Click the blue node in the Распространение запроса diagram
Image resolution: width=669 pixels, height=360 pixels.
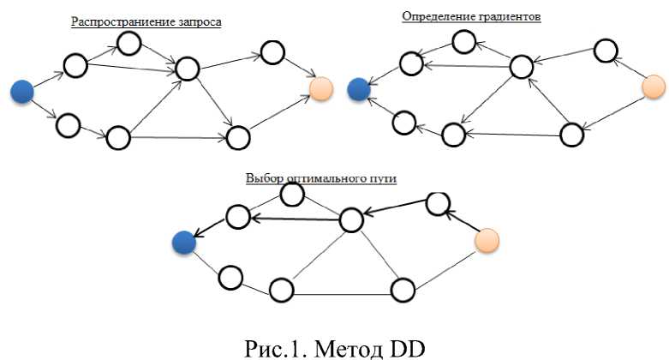(x=22, y=91)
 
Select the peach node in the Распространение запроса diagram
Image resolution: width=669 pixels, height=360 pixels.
(x=322, y=87)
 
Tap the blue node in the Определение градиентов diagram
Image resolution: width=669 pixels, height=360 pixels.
(x=359, y=87)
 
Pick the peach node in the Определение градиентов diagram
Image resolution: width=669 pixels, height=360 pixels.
(x=653, y=87)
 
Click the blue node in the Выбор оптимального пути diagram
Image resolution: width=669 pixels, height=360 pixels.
(x=182, y=243)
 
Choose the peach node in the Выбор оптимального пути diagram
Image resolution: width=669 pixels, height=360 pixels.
(x=487, y=241)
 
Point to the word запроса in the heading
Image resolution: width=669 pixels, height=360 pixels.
(x=200, y=21)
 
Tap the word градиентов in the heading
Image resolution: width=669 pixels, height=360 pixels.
(x=511, y=16)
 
